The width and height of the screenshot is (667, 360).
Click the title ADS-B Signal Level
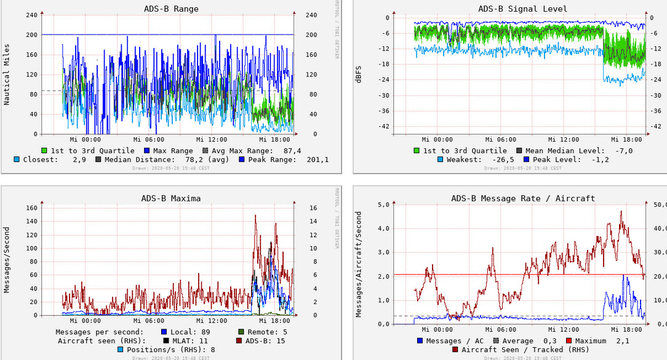[x=522, y=9]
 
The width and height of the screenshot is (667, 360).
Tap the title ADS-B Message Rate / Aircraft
[x=522, y=198]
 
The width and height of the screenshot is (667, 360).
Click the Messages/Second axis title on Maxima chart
[x=7, y=260]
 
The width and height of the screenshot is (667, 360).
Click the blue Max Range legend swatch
[x=147, y=151]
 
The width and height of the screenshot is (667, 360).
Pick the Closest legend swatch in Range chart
[x=17, y=159]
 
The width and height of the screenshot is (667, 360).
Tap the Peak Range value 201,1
[x=318, y=159]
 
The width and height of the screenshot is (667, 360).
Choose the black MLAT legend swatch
[x=166, y=340]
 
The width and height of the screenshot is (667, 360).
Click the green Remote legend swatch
[x=241, y=332]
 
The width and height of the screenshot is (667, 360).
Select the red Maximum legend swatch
[x=569, y=340]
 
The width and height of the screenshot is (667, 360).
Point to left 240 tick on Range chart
[x=30, y=15]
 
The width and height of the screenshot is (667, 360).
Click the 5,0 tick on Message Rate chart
[x=383, y=204]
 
